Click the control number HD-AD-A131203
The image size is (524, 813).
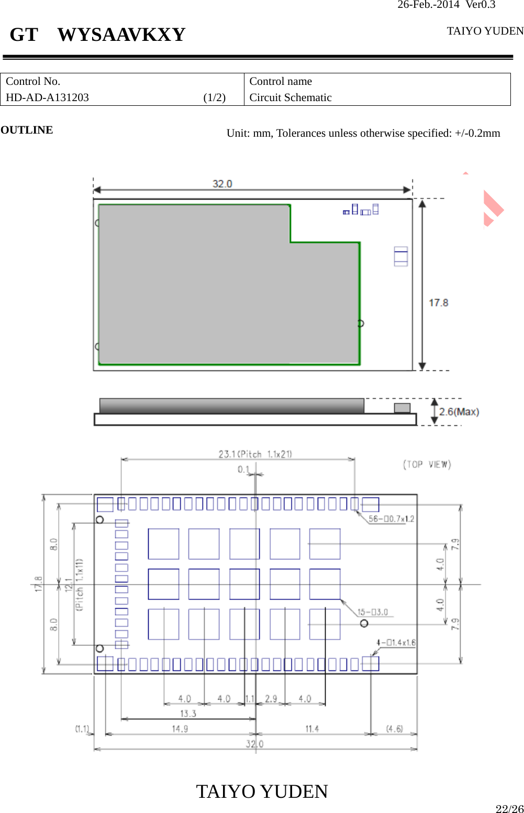pyautogui.click(x=47, y=97)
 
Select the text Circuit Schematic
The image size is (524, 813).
pyautogui.click(x=291, y=97)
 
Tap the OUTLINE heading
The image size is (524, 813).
pyautogui.click(x=27, y=130)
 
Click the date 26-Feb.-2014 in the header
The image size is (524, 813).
pyautogui.click(x=428, y=5)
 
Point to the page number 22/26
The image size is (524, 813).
pyautogui.click(x=509, y=808)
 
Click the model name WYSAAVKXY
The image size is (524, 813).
pyautogui.click(x=121, y=35)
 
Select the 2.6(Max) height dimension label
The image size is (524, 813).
pyautogui.click(x=459, y=412)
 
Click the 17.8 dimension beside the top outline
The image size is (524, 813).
pyautogui.click(x=438, y=303)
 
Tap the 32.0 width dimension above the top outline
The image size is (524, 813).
pyautogui.click(x=222, y=184)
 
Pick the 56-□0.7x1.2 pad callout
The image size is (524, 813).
pyautogui.click(x=391, y=519)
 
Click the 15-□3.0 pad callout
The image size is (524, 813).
pyautogui.click(x=373, y=612)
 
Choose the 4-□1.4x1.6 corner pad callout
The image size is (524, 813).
pyautogui.click(x=396, y=642)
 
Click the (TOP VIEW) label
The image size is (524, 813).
pyautogui.click(x=427, y=464)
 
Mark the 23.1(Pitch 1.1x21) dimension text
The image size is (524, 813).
pyautogui.click(x=255, y=454)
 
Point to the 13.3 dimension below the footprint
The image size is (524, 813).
pyautogui.click(x=188, y=713)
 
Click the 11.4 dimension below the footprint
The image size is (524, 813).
pyautogui.click(x=312, y=729)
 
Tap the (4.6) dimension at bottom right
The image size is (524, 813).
pyautogui.click(x=394, y=729)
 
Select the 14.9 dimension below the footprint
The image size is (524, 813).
pyautogui.click(x=180, y=729)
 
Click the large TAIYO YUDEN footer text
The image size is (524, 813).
pyautogui.click(x=262, y=791)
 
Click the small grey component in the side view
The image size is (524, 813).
pyautogui.click(x=402, y=408)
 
